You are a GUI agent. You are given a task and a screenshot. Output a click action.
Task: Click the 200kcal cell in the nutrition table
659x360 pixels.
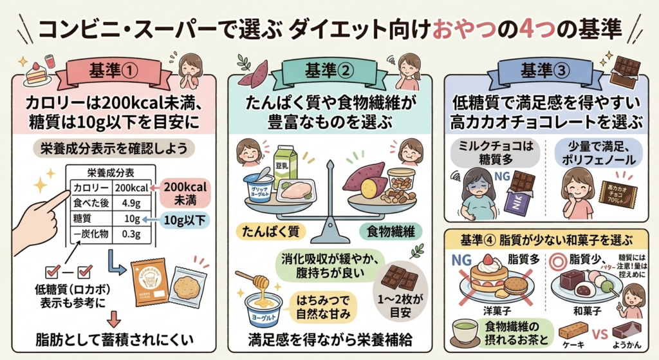coord(131,188)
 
